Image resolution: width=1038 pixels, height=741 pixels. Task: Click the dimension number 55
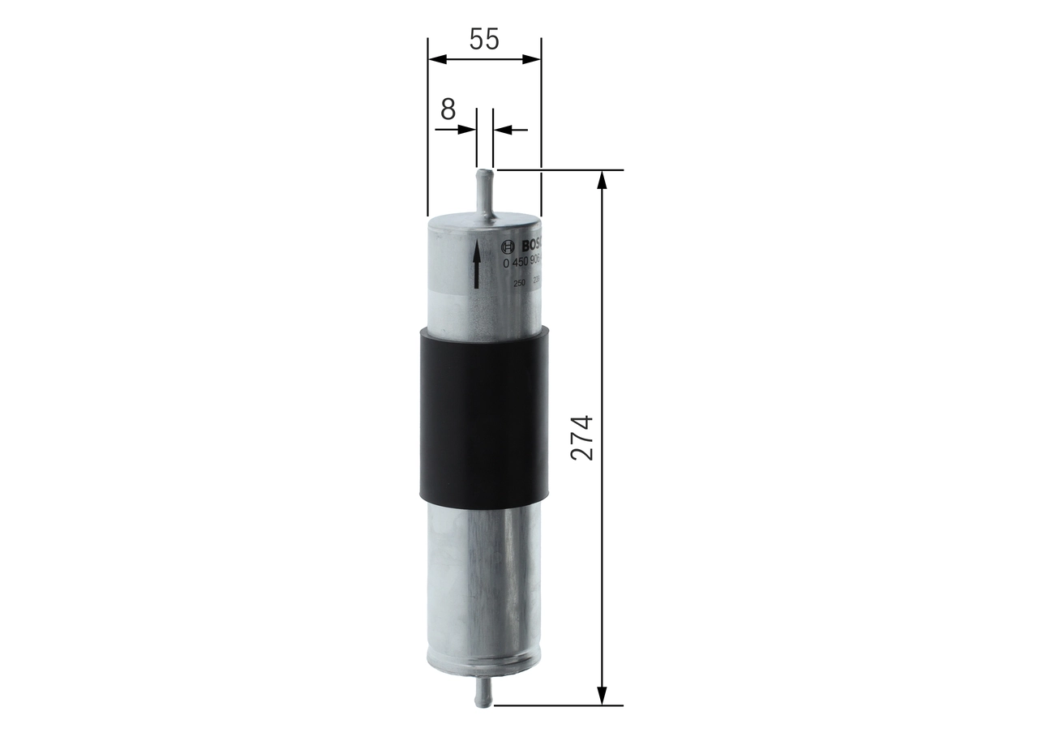click(483, 39)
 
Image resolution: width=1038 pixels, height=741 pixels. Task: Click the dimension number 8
click(448, 109)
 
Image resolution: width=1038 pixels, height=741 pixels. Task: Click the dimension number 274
click(582, 438)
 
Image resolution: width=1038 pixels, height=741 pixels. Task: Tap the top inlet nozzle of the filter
click(484, 191)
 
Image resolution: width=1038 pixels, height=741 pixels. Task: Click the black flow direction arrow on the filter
click(476, 264)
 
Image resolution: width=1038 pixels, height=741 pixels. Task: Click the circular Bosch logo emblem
click(508, 246)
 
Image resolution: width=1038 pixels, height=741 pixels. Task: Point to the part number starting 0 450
click(523, 263)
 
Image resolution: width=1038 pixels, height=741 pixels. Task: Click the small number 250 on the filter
click(519, 282)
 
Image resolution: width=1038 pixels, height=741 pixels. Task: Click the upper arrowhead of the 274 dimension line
click(602, 180)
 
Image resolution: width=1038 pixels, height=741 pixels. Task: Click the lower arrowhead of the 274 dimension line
click(602, 695)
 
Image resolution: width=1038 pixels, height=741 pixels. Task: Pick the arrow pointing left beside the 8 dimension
click(503, 129)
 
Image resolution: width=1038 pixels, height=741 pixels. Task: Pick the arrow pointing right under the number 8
click(466, 129)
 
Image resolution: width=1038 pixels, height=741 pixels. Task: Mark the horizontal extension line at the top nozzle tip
click(560, 170)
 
